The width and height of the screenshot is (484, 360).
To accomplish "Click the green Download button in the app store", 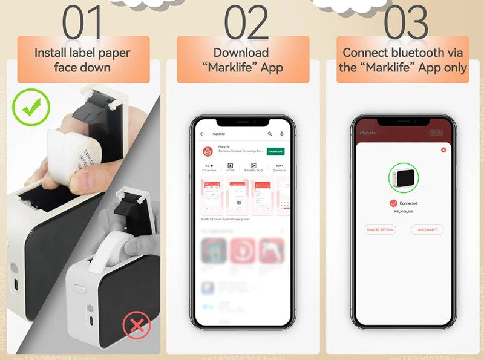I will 275,151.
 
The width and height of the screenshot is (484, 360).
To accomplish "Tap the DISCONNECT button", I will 427,230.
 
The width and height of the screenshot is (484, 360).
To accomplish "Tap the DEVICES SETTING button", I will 380,230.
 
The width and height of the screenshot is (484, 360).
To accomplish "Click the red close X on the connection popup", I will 443,149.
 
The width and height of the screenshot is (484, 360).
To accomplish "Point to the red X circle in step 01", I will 137,326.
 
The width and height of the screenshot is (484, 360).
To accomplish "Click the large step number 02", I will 246,23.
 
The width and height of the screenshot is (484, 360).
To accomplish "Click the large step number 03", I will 406,23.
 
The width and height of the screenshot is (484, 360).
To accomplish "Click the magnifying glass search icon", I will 270,134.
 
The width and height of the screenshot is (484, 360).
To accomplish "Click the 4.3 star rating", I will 208,165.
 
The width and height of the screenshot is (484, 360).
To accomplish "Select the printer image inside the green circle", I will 403,179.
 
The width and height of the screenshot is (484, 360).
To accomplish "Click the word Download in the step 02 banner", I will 241,53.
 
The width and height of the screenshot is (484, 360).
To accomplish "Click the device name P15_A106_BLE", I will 404,212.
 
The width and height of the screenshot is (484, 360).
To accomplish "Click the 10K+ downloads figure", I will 279,165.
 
